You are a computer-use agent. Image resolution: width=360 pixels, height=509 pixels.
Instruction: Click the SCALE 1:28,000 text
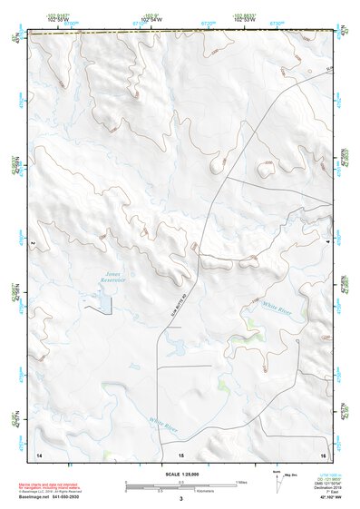coord(181,474)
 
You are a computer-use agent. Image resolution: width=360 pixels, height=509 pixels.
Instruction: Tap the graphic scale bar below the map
coord(181,484)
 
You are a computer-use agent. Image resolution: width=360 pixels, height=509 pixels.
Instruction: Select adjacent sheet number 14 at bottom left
coord(39,452)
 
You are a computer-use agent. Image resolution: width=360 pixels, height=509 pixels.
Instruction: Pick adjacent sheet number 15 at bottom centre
coord(181,452)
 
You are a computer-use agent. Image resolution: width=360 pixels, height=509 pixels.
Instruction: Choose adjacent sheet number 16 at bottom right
coord(323,452)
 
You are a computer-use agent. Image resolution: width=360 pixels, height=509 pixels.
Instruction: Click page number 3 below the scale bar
coord(181,498)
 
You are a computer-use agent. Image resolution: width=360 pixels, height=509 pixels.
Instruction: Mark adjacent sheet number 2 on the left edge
coord(33,244)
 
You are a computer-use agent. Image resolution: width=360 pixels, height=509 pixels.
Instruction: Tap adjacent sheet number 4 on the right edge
coord(327,244)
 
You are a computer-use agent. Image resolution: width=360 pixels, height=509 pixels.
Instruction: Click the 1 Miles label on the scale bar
coord(240,481)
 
